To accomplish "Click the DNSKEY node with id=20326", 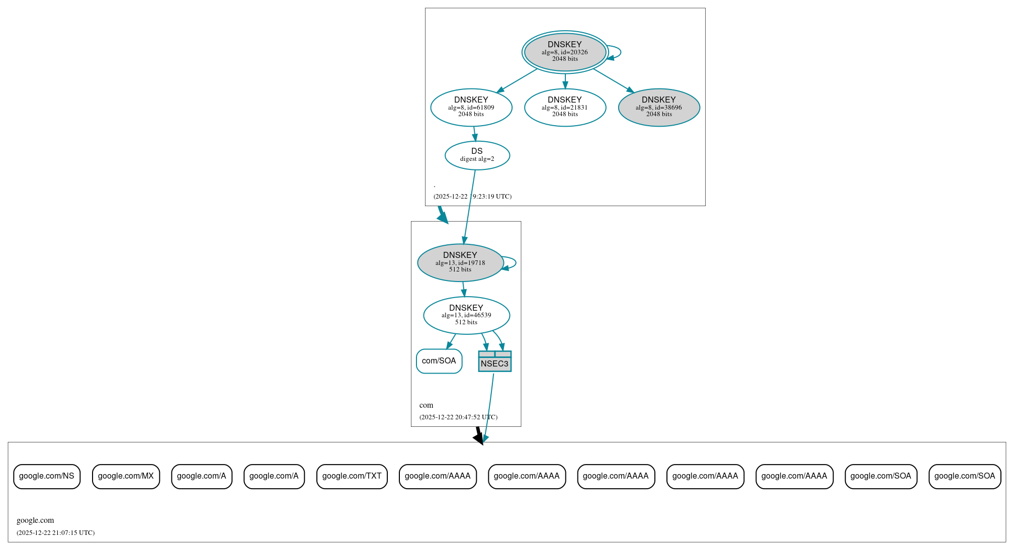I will pyautogui.click(x=565, y=52).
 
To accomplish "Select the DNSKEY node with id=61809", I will pyautogui.click(x=471, y=107).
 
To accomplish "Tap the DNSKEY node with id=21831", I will pyautogui.click(x=565, y=107).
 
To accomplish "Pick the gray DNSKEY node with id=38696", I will pyautogui.click(x=659, y=107).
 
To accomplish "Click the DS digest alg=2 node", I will pyautogui.click(x=477, y=155).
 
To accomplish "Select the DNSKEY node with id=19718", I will pyautogui.click(x=460, y=262).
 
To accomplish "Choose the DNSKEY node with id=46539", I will pyautogui.click(x=466, y=315).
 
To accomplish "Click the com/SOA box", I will pyautogui.click(x=439, y=361).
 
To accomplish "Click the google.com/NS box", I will pyautogui.click(x=47, y=476).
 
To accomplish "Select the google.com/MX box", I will pyautogui.click(x=126, y=476).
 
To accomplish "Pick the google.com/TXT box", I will pyautogui.click(x=352, y=476).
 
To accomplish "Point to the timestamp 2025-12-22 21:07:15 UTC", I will pyautogui.click(x=55, y=533).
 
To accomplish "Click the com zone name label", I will pyautogui.click(x=426, y=405).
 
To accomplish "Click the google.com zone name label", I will pyautogui.click(x=35, y=520).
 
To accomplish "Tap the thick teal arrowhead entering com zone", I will pyautogui.click(x=443, y=217).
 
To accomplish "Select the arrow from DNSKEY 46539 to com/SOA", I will pyautogui.click(x=451, y=341).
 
